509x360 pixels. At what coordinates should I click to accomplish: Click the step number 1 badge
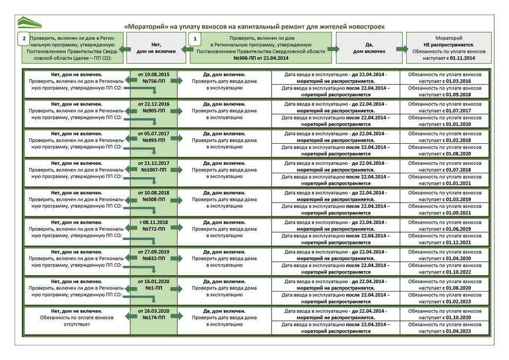click(x=196, y=39)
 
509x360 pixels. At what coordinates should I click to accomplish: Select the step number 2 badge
click(x=23, y=39)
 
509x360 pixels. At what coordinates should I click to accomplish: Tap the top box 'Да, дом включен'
click(x=368, y=48)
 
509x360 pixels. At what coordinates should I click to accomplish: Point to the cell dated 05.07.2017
click(x=153, y=134)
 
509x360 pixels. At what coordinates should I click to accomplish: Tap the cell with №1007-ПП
click(x=153, y=170)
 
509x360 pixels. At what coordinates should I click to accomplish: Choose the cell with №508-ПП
click(x=153, y=199)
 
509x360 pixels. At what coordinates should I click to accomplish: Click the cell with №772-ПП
click(x=153, y=229)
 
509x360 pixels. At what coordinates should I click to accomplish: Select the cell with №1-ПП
click(x=153, y=288)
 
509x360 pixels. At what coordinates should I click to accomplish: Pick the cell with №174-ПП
click(x=153, y=318)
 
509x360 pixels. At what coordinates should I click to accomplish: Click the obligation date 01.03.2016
click(x=462, y=82)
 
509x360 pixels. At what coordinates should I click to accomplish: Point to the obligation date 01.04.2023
click(x=462, y=331)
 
